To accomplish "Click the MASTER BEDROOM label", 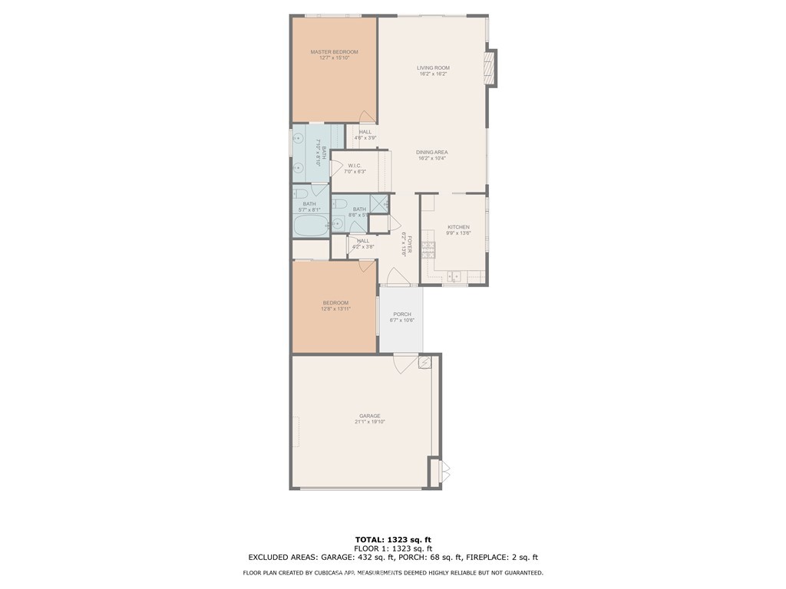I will pyautogui.click(x=334, y=52).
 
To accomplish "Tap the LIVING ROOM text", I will pyautogui.click(x=433, y=68).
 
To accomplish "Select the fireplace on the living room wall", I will pyautogui.click(x=489, y=68).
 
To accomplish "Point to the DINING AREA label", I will pyautogui.click(x=432, y=153).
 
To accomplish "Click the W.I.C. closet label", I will pyautogui.click(x=355, y=166).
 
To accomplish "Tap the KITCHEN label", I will pyautogui.click(x=458, y=227).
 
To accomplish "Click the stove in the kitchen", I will pyautogui.click(x=428, y=249).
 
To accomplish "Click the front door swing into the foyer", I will pyautogui.click(x=395, y=276).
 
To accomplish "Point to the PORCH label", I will pyautogui.click(x=402, y=314).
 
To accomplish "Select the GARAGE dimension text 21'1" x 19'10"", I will pyautogui.click(x=370, y=422).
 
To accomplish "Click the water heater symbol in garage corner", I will pyautogui.click(x=424, y=361).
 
